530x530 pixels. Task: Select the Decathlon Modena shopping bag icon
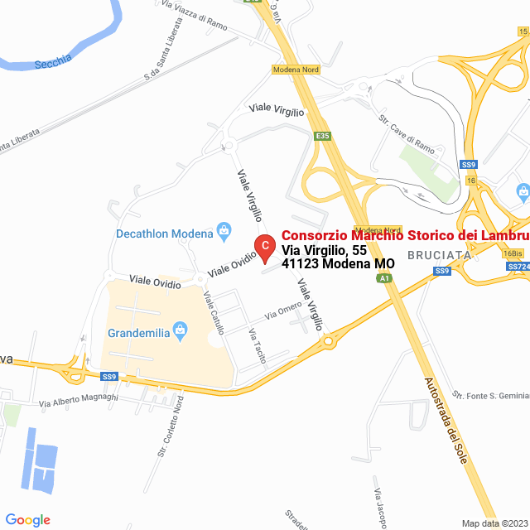coord(222,232)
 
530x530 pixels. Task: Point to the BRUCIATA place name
coord(439,255)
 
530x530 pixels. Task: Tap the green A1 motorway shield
coord(384,279)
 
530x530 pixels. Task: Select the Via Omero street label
coord(283,312)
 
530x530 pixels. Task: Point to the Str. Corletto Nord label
coord(170,426)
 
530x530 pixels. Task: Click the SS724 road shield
coord(518,267)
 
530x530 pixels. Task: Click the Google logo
coord(27,520)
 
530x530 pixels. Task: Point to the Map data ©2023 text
coord(494,523)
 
